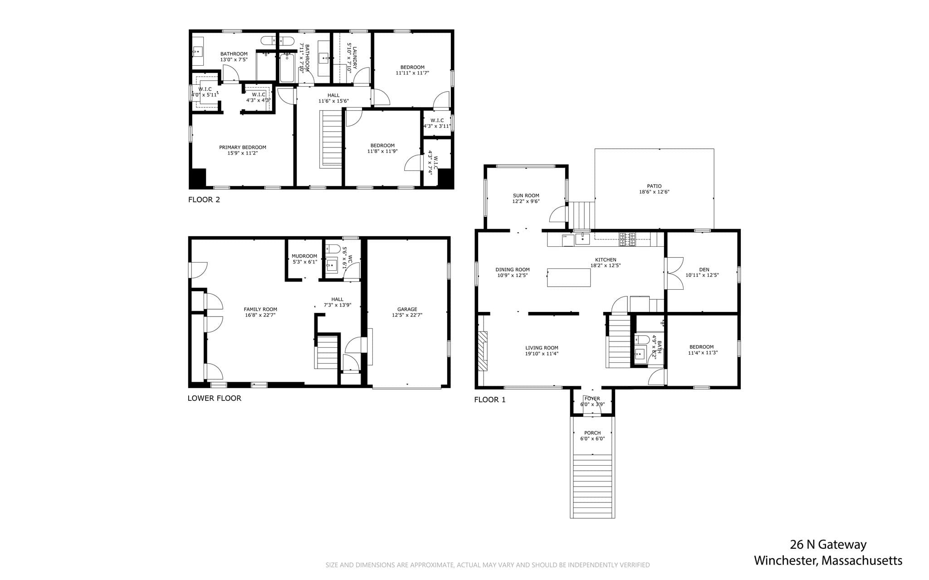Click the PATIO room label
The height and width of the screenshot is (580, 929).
[x=654, y=186]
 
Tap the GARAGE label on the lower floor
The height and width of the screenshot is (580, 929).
[x=407, y=309]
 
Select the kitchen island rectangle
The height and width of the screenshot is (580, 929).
[x=569, y=278]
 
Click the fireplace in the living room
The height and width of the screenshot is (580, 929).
[x=483, y=351]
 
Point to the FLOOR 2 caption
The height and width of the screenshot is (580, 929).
[x=204, y=200]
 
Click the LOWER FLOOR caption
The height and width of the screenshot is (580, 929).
[x=215, y=398]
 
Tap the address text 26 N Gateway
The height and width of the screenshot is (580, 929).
[x=828, y=545]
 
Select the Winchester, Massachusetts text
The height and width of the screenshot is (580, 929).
[x=828, y=561]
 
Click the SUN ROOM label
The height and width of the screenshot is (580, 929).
[x=526, y=196]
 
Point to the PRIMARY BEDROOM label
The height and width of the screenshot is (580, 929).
[x=243, y=147]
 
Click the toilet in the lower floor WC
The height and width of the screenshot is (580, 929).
[x=333, y=249]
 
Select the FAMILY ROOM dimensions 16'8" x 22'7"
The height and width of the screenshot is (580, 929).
[x=260, y=315]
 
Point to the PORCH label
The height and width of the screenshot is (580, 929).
[x=592, y=433]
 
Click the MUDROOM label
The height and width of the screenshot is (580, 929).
[x=304, y=256]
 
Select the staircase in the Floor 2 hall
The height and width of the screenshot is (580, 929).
[x=332, y=140]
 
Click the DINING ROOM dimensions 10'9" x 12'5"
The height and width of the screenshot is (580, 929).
[x=513, y=275]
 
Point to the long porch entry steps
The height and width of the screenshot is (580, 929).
[x=592, y=486]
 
